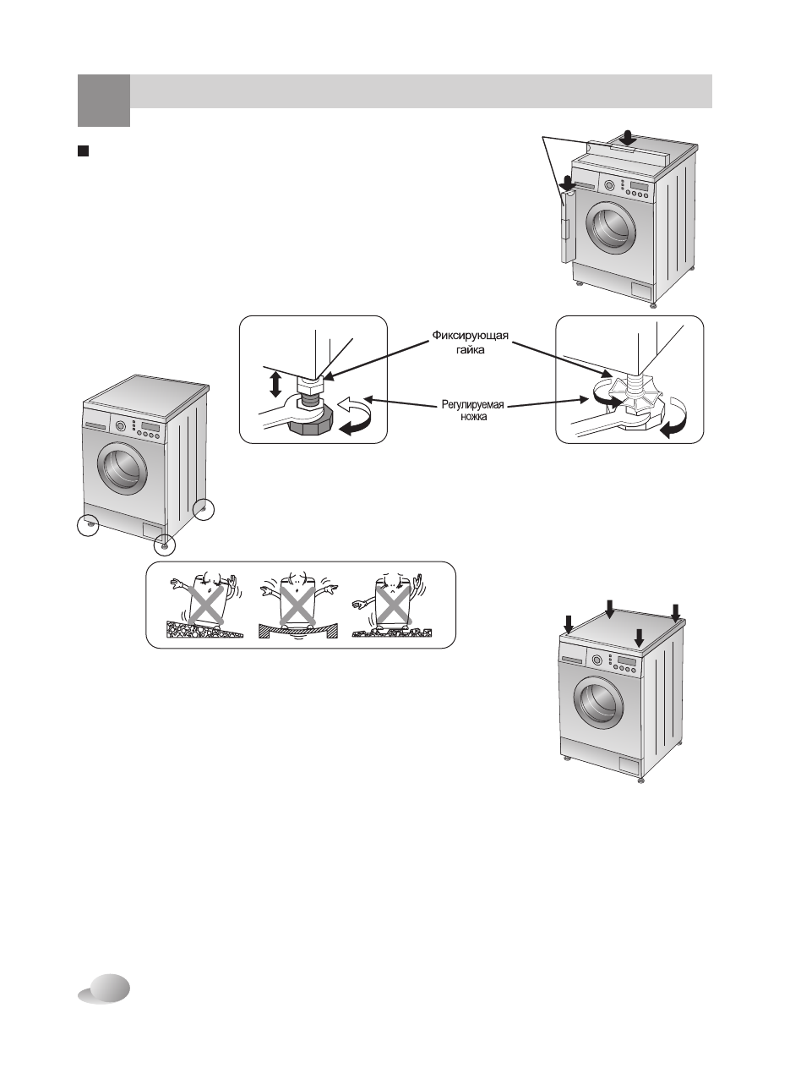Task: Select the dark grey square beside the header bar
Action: point(104,101)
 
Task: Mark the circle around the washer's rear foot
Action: point(204,509)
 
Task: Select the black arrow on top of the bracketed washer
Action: point(628,136)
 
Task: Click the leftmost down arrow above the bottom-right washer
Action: point(569,625)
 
